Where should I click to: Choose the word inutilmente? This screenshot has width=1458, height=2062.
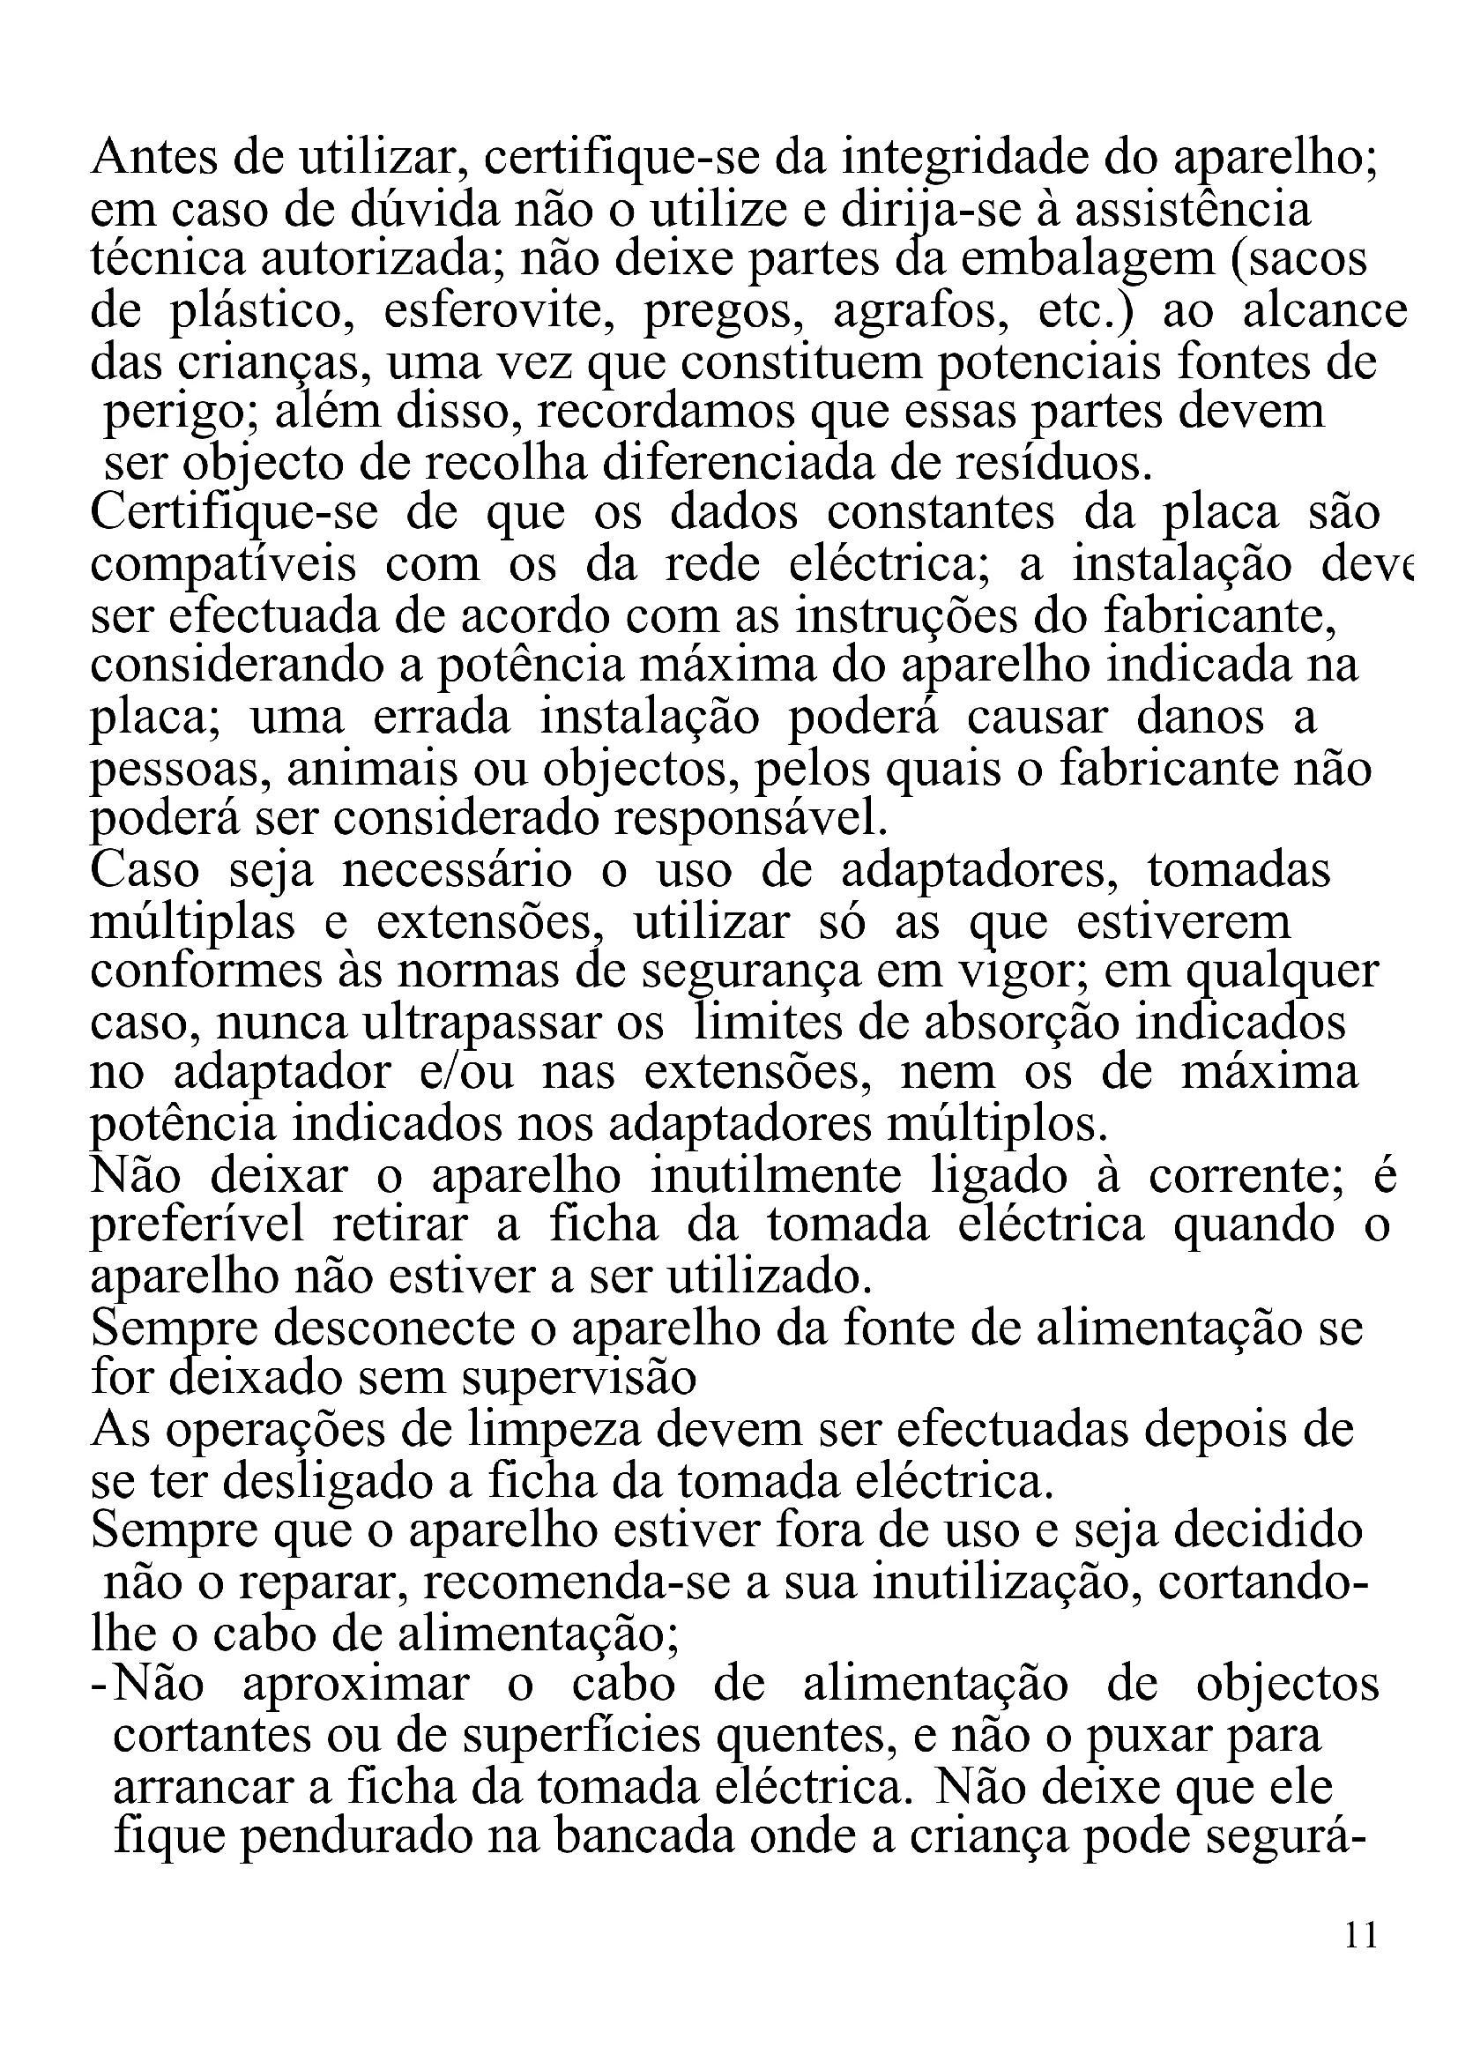tap(775, 1177)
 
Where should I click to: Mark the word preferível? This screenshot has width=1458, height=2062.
tap(197, 1228)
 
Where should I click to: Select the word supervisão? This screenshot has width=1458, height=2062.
tap(578, 1380)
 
